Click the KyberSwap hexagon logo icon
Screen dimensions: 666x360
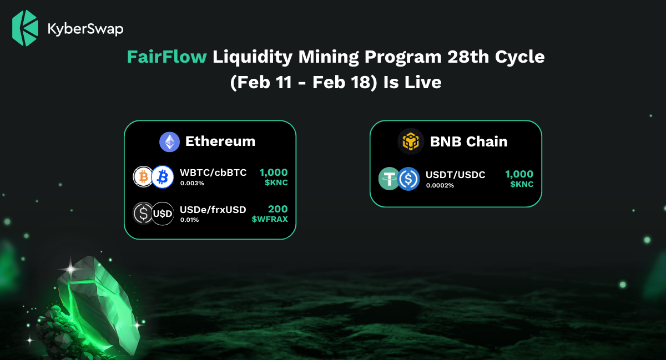coord(25,28)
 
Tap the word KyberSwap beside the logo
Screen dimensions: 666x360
coord(85,29)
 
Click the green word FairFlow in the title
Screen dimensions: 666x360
coord(167,57)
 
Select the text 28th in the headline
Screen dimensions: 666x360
coord(468,57)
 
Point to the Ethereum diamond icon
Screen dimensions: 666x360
coord(169,142)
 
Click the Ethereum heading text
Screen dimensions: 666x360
coord(220,141)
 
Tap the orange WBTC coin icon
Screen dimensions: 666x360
coord(143,177)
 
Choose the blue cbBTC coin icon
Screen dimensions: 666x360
coord(162,177)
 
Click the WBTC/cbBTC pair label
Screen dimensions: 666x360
coord(213,173)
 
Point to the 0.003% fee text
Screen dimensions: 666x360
coord(192,183)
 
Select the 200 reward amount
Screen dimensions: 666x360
coord(277,209)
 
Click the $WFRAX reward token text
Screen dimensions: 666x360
coord(270,219)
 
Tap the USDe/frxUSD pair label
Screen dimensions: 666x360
coord(213,210)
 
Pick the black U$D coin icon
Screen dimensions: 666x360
coord(162,214)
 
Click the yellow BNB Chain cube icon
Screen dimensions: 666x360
coord(411,141)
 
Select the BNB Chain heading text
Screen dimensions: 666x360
coord(468,141)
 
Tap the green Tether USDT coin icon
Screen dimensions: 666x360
coord(389,179)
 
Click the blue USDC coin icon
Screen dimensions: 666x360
coord(408,179)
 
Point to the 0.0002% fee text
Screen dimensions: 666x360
coord(440,185)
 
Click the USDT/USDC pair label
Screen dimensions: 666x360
coord(456,175)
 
